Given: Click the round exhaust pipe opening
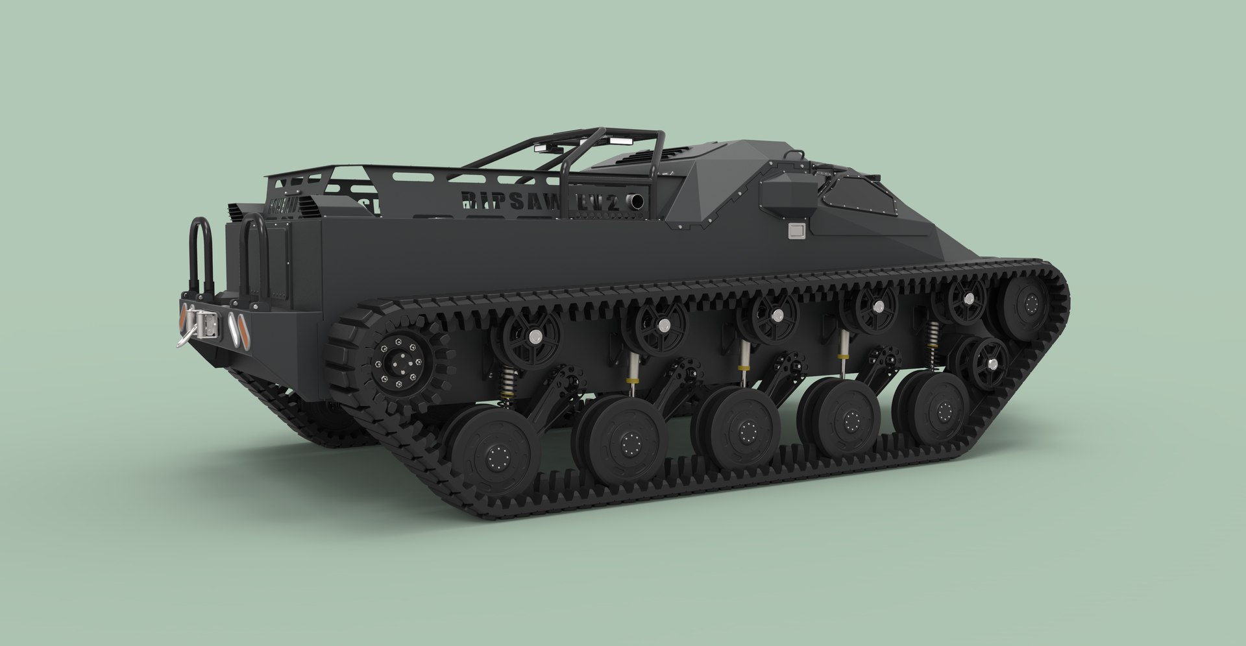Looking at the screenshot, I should tap(635, 202).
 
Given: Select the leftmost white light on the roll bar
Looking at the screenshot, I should tap(541, 148).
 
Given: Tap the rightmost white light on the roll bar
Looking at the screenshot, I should tap(614, 141).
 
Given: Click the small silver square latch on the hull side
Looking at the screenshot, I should tap(796, 230).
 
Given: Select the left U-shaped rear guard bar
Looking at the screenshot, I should tap(201, 253).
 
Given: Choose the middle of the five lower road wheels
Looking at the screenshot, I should tap(738, 427).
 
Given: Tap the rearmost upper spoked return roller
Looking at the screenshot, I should tap(527, 337).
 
